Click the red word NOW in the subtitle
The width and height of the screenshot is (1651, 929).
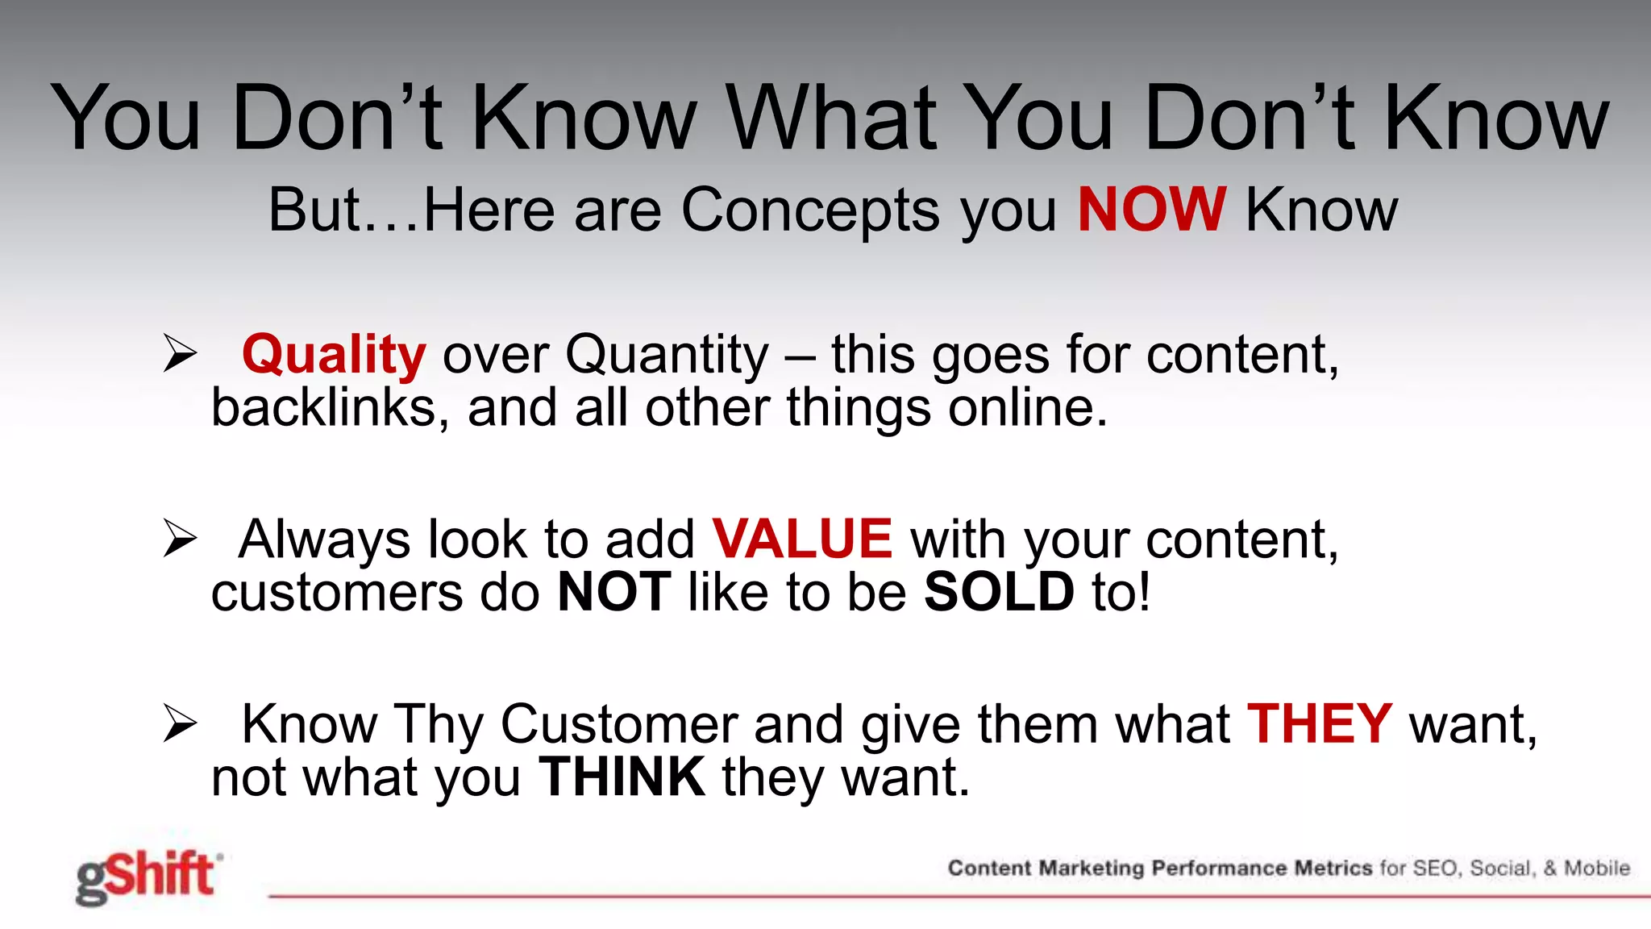pyautogui.click(x=1151, y=210)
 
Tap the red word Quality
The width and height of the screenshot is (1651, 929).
pyautogui.click(x=334, y=355)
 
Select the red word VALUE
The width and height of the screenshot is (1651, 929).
pyautogui.click(x=802, y=539)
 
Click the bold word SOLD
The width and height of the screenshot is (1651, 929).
pyautogui.click(x=999, y=592)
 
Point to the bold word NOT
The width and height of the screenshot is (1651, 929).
pyautogui.click(x=614, y=592)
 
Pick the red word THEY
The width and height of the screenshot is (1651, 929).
pyautogui.click(x=1320, y=723)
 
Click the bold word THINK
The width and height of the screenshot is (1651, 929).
pyautogui.click(x=622, y=777)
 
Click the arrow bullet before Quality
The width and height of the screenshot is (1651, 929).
pyautogui.click(x=179, y=353)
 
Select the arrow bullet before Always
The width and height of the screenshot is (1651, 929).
pyautogui.click(x=179, y=538)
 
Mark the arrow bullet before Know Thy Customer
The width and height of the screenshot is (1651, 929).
pyautogui.click(x=179, y=723)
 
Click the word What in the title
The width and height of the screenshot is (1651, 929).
pyautogui.click(x=831, y=118)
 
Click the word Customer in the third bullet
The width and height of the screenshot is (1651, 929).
pyautogui.click(x=618, y=723)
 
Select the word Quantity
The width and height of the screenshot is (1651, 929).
pyautogui.click(x=667, y=356)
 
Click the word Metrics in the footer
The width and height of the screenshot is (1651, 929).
pyautogui.click(x=1333, y=869)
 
